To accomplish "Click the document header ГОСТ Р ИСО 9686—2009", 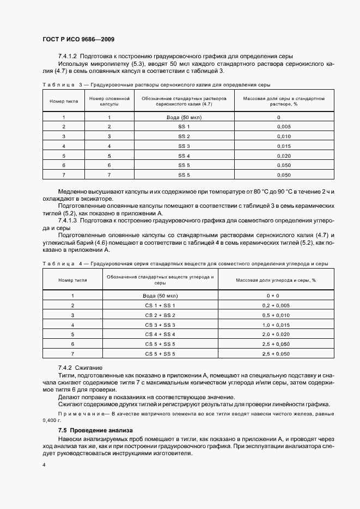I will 78,40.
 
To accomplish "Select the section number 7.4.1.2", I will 68,57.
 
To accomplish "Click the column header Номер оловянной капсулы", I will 109,101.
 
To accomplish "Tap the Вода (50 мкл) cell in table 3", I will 184,117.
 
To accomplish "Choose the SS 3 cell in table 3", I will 184,146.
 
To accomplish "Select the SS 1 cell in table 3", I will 184,127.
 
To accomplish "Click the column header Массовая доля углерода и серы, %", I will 276,280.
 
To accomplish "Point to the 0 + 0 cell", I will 273,295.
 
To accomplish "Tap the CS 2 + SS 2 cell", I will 160,315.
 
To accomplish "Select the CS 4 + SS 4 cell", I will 160,334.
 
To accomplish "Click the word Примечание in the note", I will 78,414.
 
